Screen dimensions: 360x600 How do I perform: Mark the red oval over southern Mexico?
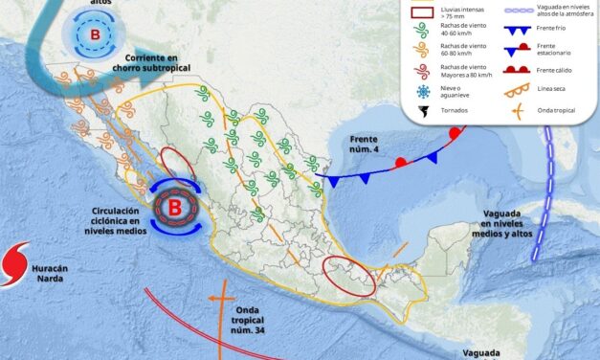(x=344, y=273)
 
